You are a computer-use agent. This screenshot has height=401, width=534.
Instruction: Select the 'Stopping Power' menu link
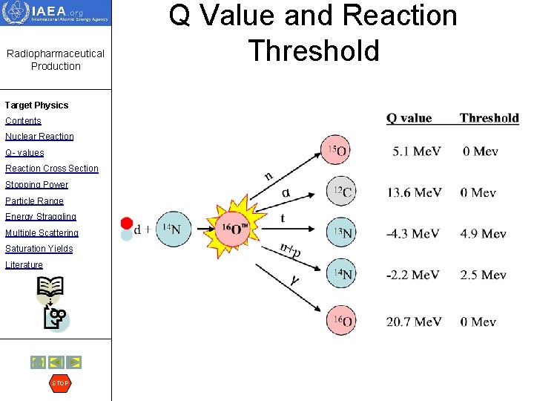(x=36, y=185)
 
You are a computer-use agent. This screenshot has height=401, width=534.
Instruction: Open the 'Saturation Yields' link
(x=39, y=249)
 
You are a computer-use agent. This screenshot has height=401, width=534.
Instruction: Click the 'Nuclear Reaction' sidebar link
(x=39, y=137)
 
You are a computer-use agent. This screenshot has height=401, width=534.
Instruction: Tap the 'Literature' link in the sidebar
(x=24, y=265)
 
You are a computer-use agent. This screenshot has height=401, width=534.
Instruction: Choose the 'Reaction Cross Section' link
(x=51, y=169)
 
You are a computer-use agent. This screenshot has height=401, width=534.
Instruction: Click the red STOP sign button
(x=59, y=383)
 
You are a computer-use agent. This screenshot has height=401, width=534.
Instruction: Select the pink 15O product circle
(x=334, y=150)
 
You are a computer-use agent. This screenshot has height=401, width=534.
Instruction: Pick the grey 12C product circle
(x=340, y=192)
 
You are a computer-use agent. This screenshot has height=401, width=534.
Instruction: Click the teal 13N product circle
(x=340, y=232)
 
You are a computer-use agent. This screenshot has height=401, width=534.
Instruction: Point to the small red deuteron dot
(x=126, y=223)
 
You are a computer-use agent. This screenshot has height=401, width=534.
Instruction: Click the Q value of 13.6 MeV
(x=413, y=192)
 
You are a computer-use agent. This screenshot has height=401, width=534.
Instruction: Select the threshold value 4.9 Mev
(x=483, y=234)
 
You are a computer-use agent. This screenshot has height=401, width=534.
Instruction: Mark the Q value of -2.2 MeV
(x=412, y=275)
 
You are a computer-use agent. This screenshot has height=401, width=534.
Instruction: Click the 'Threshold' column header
(x=489, y=117)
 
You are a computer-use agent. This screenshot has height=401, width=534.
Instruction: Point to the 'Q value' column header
(x=409, y=117)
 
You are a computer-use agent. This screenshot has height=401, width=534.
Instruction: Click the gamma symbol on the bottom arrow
(x=294, y=280)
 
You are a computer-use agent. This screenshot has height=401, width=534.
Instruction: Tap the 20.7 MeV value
(x=414, y=322)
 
